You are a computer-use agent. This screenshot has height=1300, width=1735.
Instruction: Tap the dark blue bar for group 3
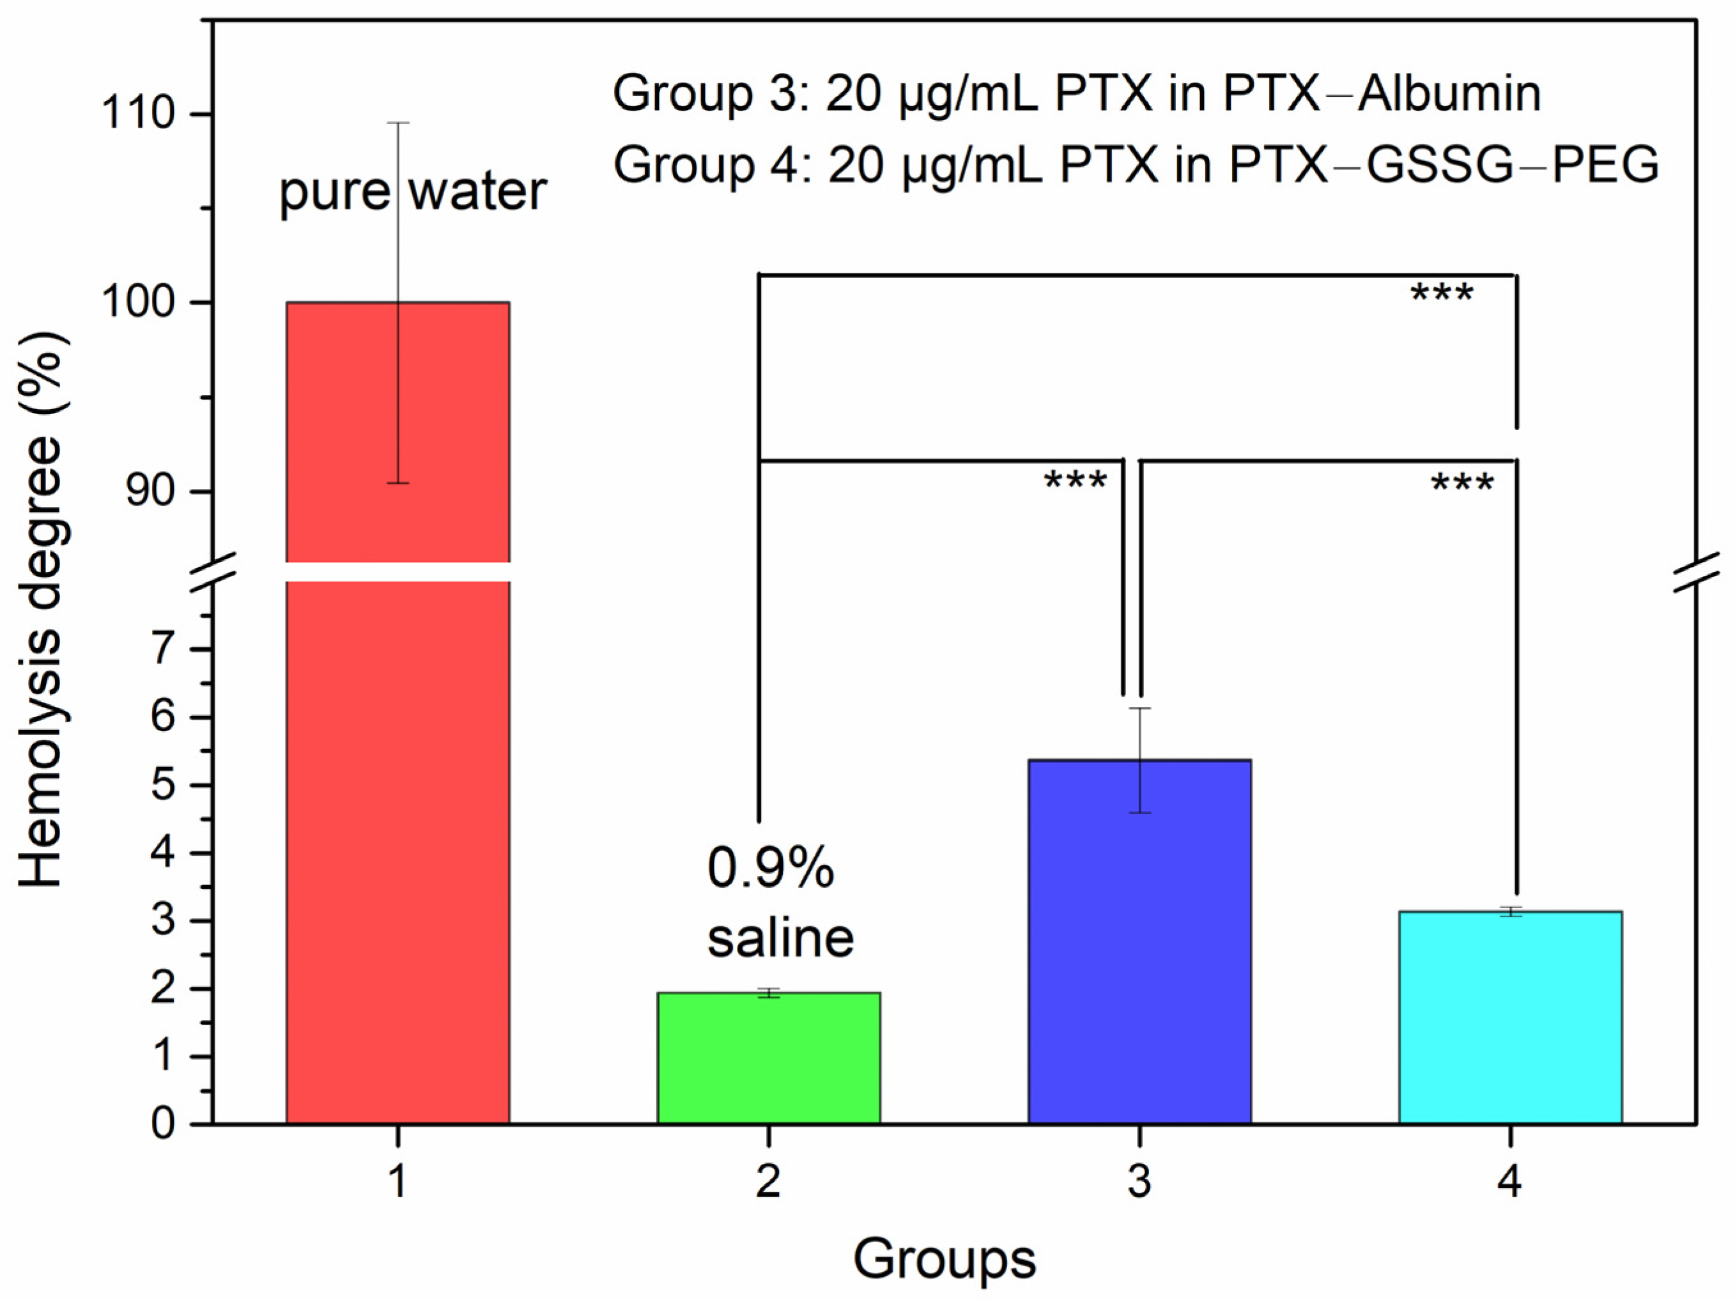pos(1139,941)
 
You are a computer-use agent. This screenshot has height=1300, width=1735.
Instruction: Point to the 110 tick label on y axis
pos(137,114)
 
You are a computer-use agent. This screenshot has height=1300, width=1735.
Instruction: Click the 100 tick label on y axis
pos(137,302)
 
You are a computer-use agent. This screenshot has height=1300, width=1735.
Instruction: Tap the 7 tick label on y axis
pos(162,649)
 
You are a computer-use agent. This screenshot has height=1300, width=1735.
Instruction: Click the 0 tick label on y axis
pos(162,1124)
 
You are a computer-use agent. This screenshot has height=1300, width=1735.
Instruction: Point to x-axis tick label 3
pos(1139,1180)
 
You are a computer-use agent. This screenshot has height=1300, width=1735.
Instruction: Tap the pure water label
pos(413,192)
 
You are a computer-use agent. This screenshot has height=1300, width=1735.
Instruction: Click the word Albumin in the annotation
pos(1449,93)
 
